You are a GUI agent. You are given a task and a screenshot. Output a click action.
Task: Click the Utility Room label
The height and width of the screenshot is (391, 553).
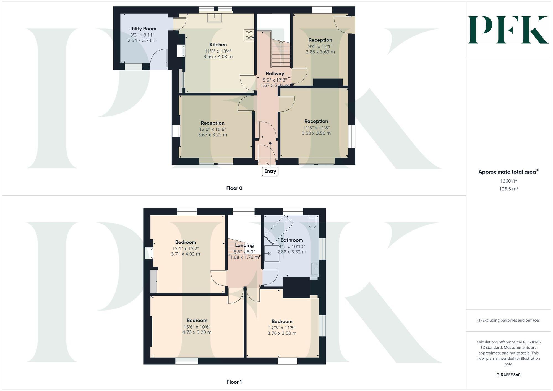[142, 29]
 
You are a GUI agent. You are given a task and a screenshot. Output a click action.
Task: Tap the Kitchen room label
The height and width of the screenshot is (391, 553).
[218, 45]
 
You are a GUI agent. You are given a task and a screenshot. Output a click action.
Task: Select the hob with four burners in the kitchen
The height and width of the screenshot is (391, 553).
[249, 35]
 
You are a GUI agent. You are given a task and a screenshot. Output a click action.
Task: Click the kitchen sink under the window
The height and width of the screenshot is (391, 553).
[215, 17]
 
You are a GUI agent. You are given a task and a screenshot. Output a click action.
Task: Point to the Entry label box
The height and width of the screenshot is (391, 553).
[270, 171]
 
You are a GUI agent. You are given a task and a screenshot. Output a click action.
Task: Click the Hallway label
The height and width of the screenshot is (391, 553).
[275, 74]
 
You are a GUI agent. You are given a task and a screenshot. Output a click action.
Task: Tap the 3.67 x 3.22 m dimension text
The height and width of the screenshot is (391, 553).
[212, 135]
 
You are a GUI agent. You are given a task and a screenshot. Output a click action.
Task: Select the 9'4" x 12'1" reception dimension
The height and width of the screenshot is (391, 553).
[320, 46]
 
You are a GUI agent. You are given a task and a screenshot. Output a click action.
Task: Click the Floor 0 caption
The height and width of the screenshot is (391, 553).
[234, 188]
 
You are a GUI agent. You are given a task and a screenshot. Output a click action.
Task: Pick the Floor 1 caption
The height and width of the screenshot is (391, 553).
[234, 382]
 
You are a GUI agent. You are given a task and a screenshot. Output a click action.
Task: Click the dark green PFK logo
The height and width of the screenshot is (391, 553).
[508, 30]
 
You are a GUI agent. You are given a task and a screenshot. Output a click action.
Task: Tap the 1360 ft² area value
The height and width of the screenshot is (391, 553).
[508, 181]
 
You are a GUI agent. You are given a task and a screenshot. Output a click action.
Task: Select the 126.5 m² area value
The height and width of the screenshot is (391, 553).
[508, 189]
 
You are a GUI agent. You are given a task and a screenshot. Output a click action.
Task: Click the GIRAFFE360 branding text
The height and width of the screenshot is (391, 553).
[508, 375]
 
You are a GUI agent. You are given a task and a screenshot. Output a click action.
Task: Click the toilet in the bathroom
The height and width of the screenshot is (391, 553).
[313, 222]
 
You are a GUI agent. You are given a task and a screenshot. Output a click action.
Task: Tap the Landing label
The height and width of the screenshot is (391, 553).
[244, 245]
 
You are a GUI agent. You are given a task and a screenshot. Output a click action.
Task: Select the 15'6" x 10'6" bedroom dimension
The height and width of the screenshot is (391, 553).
[197, 327]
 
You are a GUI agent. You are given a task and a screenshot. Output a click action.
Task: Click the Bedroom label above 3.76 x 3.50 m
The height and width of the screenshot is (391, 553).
[282, 321]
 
